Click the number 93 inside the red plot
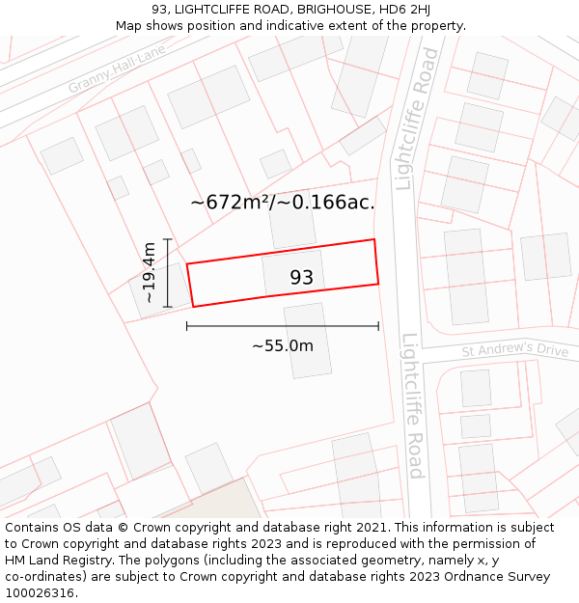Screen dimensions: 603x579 click(302, 278)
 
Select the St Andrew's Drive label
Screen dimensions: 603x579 click(514, 349)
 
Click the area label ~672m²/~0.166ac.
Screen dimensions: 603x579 click(282, 203)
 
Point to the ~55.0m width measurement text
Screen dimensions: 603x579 click(283, 345)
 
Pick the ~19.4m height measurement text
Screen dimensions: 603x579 click(149, 273)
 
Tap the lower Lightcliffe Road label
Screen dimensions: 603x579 click(413, 405)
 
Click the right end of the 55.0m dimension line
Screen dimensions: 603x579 click(378, 326)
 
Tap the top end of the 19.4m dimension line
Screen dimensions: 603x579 click(168, 238)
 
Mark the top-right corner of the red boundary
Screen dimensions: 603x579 click(373, 239)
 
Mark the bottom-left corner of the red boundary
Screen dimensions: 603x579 click(193, 307)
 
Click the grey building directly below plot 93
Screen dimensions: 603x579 click(308, 340)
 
